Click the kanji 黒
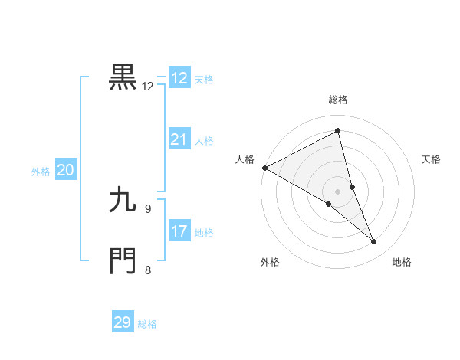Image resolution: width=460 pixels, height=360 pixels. [123, 77]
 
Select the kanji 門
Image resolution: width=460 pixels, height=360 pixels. [123, 260]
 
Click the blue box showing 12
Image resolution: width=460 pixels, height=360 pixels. [179, 78]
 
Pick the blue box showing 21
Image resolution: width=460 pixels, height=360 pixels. [179, 139]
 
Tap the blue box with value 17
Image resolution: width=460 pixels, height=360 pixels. [179, 231]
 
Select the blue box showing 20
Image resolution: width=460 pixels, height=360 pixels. [65, 171]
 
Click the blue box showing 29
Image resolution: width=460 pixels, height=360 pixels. [123, 322]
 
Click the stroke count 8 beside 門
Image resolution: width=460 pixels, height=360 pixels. [148, 270]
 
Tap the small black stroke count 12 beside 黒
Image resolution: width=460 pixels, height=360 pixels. [148, 87]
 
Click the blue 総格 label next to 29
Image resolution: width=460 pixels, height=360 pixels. [148, 324]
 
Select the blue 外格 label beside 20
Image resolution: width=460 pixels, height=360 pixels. [41, 172]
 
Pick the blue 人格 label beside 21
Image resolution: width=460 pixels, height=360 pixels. [204, 141]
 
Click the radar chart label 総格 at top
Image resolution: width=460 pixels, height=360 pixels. [337, 100]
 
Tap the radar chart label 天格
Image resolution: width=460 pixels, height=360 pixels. [432, 159]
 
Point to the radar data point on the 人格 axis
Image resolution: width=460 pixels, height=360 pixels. [264, 168]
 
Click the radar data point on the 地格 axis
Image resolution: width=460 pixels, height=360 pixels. [374, 242]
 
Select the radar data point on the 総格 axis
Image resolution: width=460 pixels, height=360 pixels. [337, 131]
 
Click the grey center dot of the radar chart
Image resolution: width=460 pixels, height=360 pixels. [337, 191]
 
